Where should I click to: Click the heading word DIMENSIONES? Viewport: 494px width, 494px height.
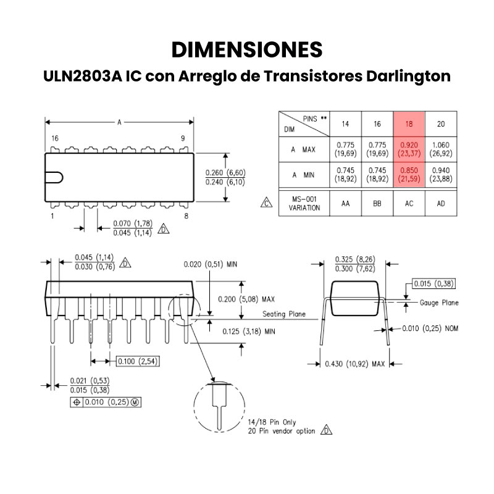coord(246,49)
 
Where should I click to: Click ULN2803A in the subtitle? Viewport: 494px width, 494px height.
coord(82,77)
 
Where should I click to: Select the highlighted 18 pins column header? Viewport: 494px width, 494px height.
coord(409,124)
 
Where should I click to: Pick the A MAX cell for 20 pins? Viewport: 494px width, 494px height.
coord(441,149)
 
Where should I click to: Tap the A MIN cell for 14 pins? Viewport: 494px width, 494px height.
coord(345,175)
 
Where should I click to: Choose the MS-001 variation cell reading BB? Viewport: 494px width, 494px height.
coord(377,203)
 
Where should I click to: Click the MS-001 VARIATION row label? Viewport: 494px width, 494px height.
coord(304,203)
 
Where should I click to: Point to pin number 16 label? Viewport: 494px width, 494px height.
coord(55,138)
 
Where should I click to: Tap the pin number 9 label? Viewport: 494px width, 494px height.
coord(183,138)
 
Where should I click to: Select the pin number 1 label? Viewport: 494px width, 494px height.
coord(52,216)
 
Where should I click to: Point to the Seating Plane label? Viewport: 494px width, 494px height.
coord(283,314)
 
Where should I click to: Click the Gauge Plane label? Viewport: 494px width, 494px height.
coord(439,303)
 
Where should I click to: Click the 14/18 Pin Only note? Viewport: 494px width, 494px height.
coord(267,422)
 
